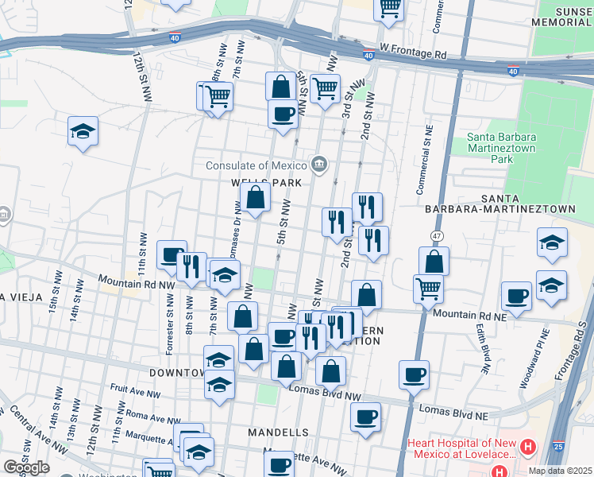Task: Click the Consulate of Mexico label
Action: coord(256,165)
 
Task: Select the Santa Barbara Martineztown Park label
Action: coord(500,142)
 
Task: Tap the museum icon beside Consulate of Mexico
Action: coord(319,165)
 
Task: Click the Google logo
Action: coord(26,467)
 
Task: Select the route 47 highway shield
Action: coord(437,236)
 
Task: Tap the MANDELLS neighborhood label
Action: coord(278,432)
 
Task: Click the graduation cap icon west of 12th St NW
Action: coord(83,131)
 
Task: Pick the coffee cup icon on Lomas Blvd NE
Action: coord(413,374)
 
